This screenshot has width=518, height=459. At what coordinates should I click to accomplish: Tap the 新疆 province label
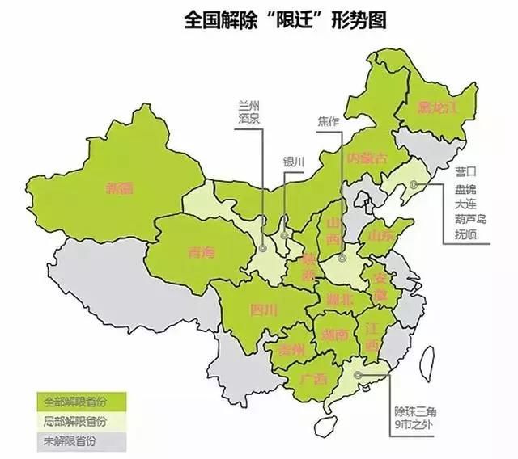[x=119, y=187]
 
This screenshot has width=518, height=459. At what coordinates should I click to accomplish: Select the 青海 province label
[x=199, y=252]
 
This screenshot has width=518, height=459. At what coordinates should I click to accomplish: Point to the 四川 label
[x=264, y=309]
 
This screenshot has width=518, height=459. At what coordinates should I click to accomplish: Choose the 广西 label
[x=312, y=378]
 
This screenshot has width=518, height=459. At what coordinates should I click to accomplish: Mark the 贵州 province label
[x=291, y=350]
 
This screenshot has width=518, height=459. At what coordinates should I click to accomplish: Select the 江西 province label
[x=372, y=337]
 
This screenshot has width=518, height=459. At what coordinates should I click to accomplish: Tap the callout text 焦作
[x=328, y=122]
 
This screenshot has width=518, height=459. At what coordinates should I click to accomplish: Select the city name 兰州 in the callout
[x=248, y=106]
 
